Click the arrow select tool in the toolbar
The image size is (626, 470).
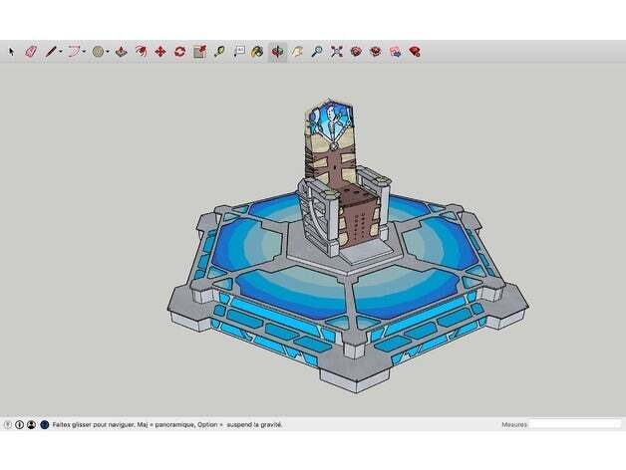pos(12,51)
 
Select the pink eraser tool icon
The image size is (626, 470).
pos(30,51)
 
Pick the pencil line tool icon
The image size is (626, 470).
pos(51,51)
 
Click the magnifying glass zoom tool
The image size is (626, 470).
pos(317,51)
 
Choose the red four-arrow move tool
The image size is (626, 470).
pos(159,51)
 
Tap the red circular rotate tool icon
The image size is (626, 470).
pos(179,51)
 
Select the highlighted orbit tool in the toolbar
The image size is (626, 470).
pos(277,51)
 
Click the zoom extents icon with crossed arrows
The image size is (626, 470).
pos(336,51)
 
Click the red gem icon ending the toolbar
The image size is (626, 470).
pos(414,51)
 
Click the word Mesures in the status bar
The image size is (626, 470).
pos(514,424)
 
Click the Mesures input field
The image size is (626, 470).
pos(574,424)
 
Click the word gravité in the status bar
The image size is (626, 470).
pos(269,424)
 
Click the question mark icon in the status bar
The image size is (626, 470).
pos(8,424)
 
